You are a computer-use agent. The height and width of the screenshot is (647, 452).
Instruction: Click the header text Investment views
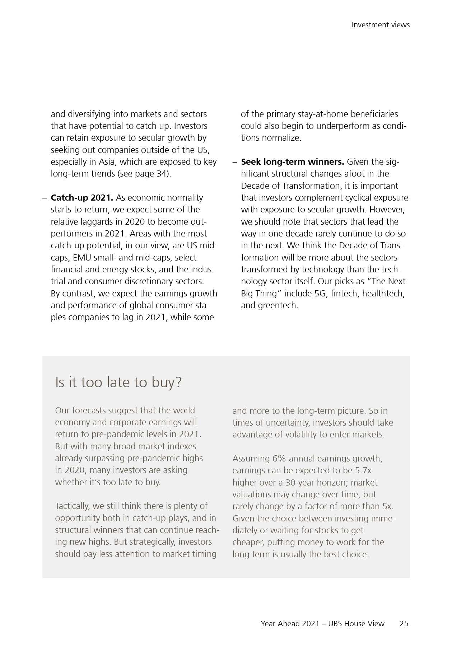coord(380,25)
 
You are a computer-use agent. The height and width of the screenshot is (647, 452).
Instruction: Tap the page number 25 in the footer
coord(404,623)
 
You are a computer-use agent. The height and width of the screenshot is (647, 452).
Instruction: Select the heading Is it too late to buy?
coord(118,382)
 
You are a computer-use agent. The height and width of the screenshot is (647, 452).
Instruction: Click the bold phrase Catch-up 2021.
coord(82,198)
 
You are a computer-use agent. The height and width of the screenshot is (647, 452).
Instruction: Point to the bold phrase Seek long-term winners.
coord(292,162)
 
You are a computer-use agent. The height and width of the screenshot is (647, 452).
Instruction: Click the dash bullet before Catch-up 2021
coord(45,198)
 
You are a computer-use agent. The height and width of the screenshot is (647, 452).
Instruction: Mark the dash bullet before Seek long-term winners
coord(235,162)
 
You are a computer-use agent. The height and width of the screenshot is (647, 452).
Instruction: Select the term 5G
coord(320,294)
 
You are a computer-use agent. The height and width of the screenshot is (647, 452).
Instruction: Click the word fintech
coord(344,294)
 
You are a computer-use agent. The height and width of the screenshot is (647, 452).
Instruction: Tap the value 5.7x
coord(363,470)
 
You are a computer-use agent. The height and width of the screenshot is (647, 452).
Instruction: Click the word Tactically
coord(72,506)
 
